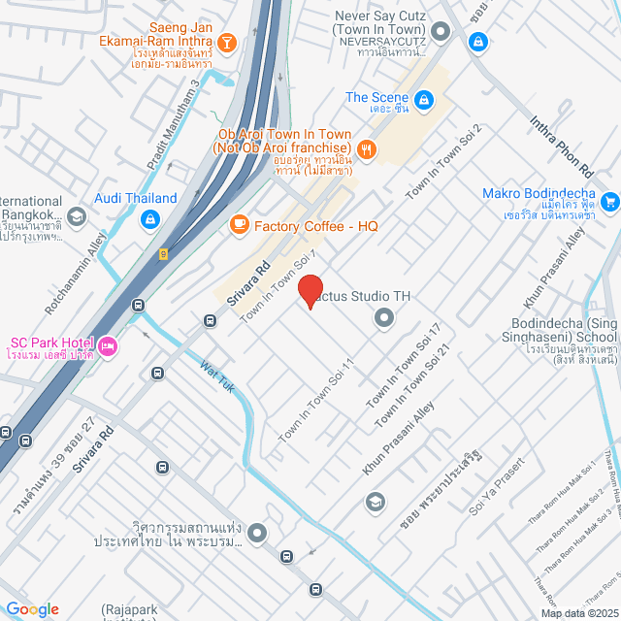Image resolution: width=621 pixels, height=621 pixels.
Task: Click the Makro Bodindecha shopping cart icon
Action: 609,202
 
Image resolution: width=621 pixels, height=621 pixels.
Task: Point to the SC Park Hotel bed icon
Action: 108,344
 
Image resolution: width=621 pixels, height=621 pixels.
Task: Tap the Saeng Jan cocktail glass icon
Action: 226,42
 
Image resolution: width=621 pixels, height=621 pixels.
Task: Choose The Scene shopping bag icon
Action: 423,98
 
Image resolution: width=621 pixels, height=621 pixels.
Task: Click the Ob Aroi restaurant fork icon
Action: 367,148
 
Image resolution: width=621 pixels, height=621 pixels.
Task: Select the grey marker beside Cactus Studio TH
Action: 384,317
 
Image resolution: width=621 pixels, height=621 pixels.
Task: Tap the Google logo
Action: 32,608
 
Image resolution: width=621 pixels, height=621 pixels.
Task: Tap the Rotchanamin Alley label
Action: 76,277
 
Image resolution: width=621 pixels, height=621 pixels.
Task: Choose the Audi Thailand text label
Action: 136,199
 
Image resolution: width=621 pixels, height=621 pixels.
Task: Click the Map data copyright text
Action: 579,612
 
